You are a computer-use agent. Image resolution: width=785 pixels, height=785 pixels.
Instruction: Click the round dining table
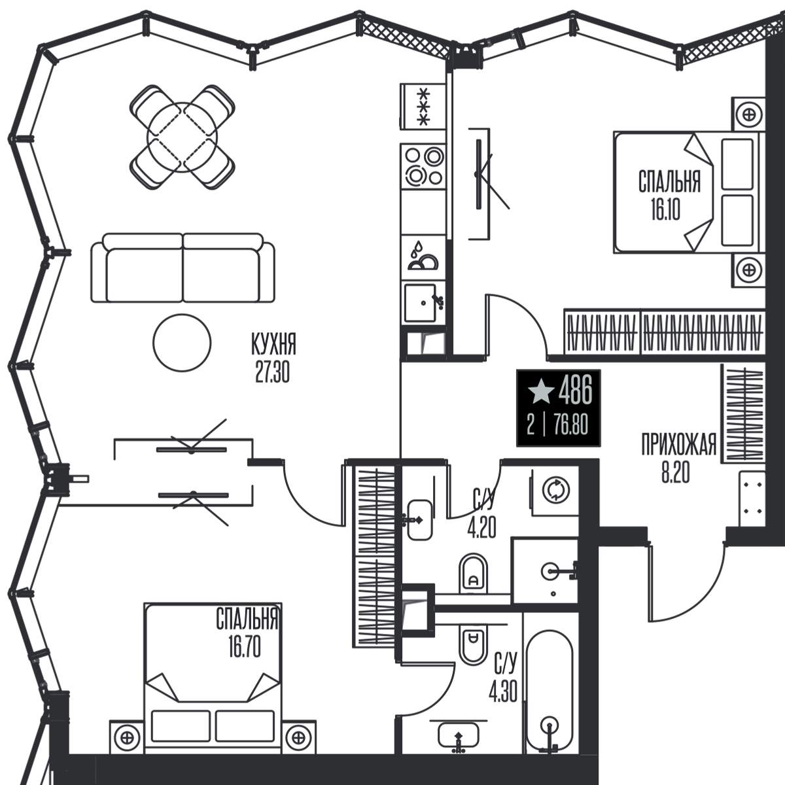(182, 137)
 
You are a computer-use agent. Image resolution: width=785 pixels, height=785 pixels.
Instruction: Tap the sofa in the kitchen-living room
(183, 268)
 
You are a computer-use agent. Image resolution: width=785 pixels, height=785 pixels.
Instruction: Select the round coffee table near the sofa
(182, 343)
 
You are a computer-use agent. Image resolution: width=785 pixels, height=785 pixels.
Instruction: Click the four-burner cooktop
(424, 166)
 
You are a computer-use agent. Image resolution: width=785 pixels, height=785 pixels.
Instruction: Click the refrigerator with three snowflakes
(423, 107)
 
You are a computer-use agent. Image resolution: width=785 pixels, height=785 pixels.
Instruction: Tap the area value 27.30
(273, 373)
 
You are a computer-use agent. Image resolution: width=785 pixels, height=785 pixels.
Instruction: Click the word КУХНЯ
(273, 345)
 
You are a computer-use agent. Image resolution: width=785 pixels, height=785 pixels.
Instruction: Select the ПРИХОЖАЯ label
(678, 444)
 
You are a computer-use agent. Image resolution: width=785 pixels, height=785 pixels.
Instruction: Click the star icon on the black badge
(540, 390)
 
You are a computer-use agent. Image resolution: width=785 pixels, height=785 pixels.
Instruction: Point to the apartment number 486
(575, 391)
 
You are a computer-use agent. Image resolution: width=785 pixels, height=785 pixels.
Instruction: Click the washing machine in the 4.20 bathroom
(555, 492)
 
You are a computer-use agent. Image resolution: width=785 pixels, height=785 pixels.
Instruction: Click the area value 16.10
(666, 211)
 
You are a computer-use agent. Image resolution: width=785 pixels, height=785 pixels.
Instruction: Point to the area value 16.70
(245, 648)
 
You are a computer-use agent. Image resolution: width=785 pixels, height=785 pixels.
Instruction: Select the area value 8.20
(675, 474)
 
